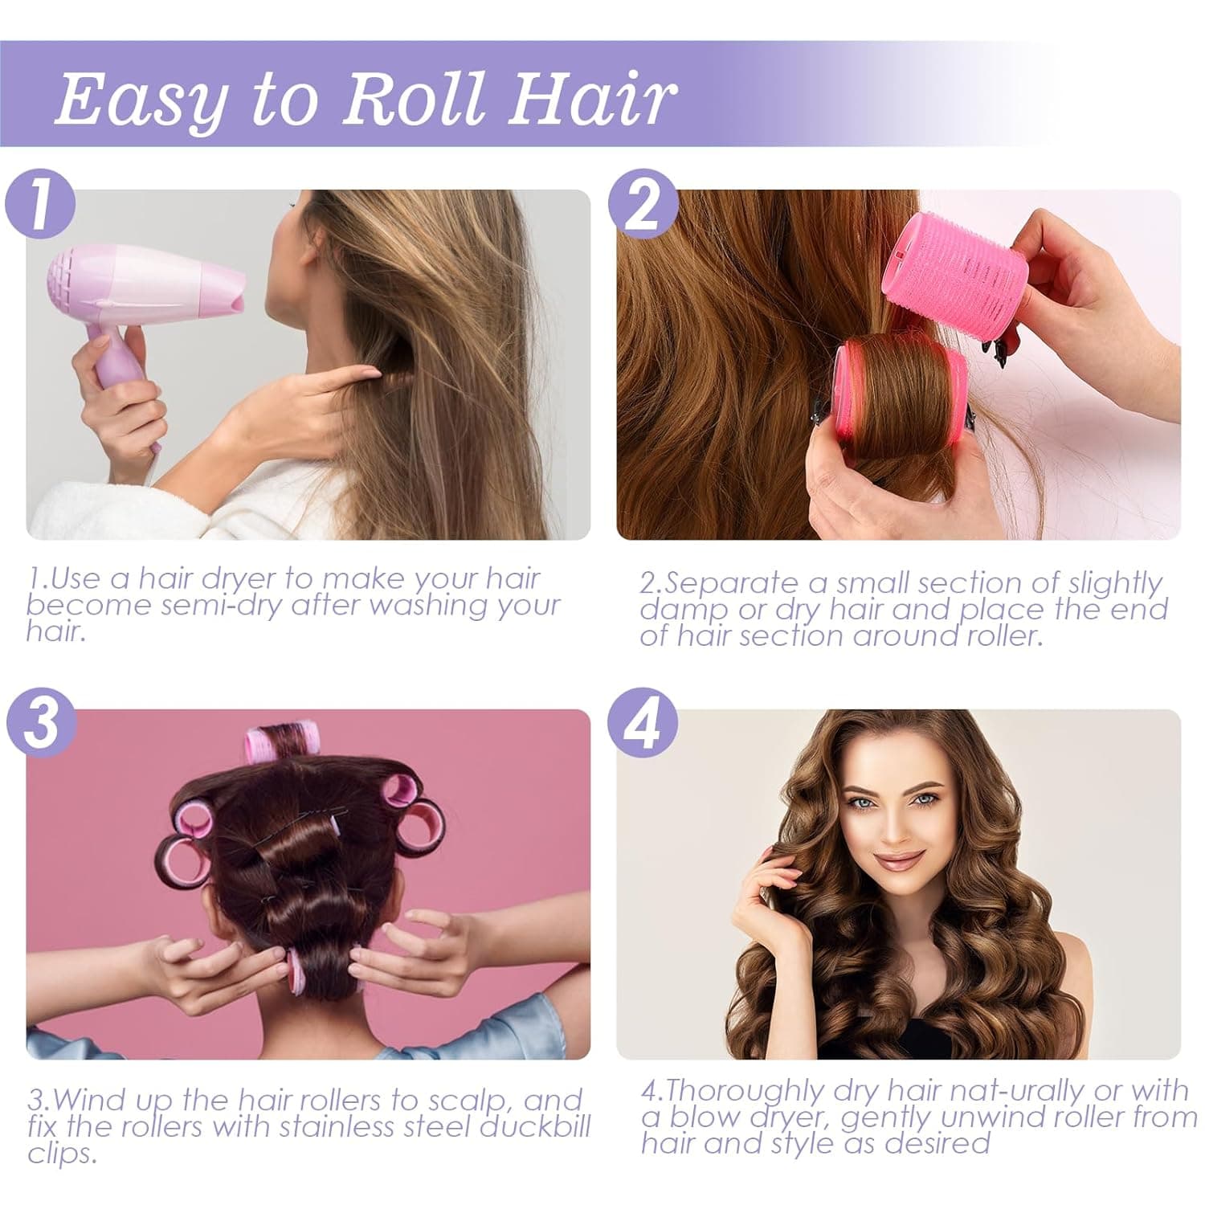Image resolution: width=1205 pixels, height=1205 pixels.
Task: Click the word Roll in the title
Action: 418,98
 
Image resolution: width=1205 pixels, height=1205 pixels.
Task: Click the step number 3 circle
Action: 40,722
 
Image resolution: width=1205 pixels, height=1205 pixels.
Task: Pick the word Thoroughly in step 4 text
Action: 754,1091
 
